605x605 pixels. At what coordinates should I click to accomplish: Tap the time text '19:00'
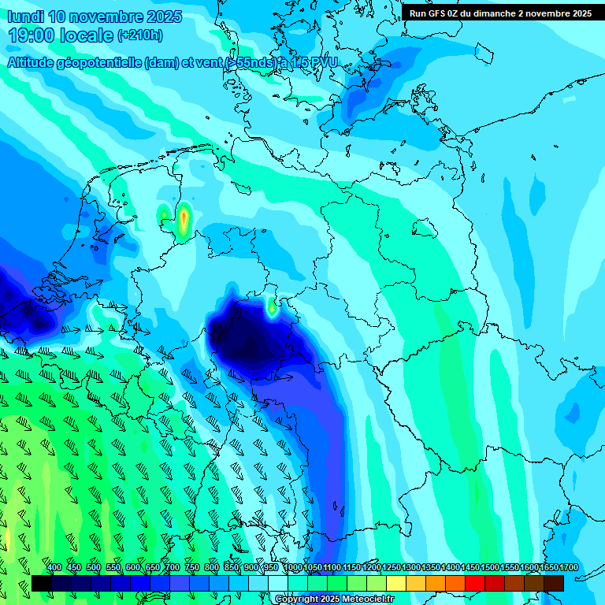33,35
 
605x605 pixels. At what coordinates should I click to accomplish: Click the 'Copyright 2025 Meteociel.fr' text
334,599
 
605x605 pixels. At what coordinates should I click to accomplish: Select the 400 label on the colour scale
54,568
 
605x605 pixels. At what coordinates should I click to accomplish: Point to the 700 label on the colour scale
173,568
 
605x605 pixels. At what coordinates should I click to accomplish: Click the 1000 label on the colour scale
292,568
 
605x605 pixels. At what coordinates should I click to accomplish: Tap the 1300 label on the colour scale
411,568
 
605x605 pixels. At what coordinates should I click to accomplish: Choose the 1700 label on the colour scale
569,568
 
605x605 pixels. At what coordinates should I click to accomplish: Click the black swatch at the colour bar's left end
42,583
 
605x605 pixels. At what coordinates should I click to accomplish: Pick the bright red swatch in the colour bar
475,583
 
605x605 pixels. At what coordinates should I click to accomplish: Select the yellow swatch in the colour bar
396,583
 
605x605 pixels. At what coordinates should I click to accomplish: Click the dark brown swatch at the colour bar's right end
554,583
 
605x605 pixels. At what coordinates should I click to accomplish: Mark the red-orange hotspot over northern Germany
184,220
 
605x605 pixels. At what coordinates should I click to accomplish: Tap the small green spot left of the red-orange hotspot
163,213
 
